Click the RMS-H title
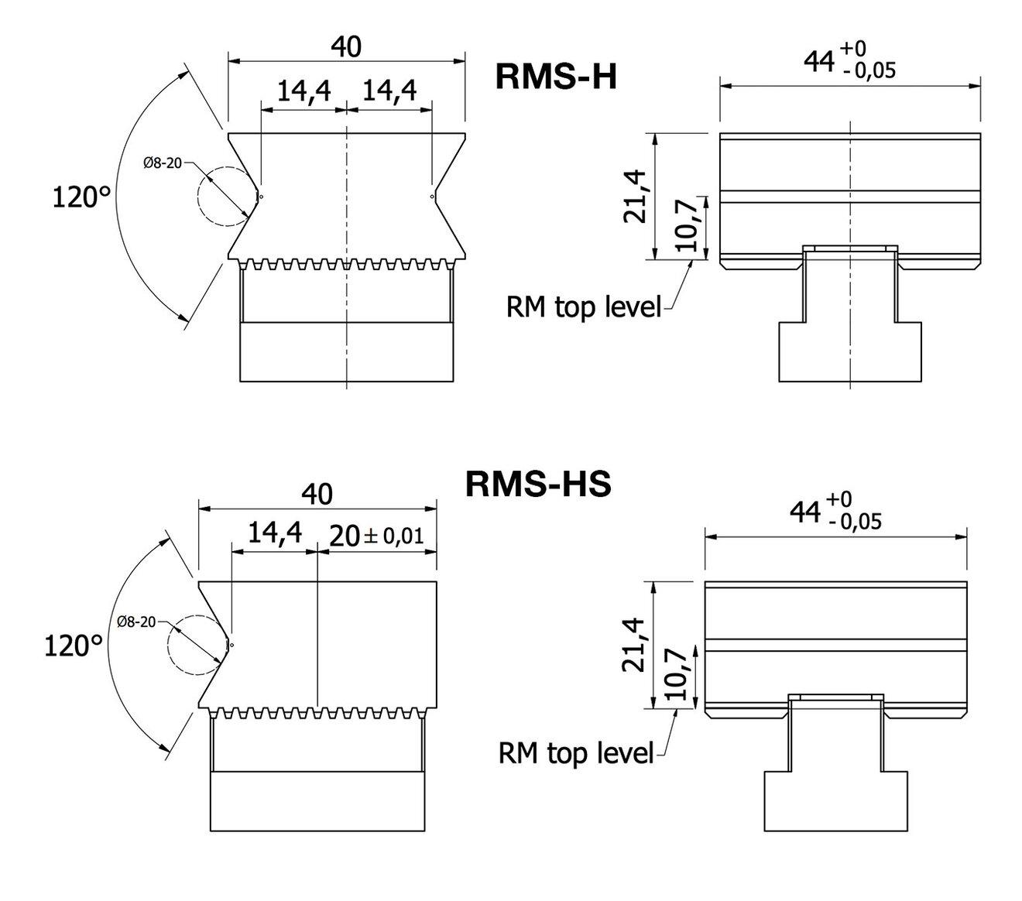coord(556,77)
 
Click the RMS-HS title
coord(538,485)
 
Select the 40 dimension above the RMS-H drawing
coord(346,47)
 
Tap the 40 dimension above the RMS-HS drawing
coord(317,493)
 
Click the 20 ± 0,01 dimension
coord(377,535)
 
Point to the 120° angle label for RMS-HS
coord(74,645)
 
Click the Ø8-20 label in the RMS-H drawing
coord(163,163)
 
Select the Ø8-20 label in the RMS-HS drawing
coord(137,622)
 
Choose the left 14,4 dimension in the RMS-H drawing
coord(304,91)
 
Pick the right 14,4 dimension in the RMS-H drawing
coord(389,91)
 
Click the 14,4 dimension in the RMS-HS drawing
coord(274,534)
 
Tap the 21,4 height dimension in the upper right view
coord(637,197)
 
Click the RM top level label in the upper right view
coord(584,307)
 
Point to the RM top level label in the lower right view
coord(576,752)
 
